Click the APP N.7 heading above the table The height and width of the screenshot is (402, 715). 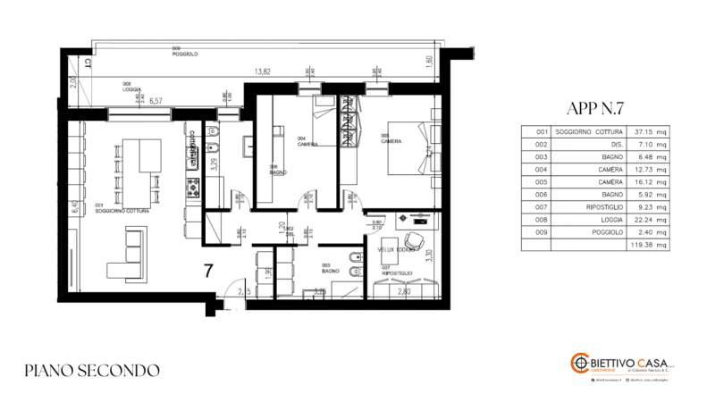tap(595, 109)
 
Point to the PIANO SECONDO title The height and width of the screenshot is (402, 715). tap(93, 369)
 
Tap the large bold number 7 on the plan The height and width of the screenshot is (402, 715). tap(207, 271)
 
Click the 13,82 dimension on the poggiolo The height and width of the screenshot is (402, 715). tap(262, 71)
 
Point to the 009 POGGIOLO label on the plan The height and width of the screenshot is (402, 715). tap(184, 53)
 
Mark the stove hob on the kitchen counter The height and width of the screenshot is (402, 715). tap(190, 187)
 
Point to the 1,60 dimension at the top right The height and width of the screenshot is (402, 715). tap(429, 60)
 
